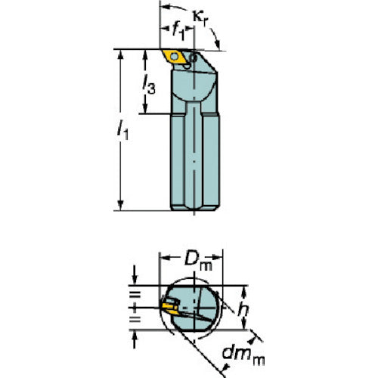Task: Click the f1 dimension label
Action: tap(178, 32)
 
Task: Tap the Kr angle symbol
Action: tap(200, 18)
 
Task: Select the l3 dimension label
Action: tap(149, 85)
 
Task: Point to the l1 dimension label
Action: tap(122, 129)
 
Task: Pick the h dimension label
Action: tap(243, 311)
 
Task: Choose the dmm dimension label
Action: tap(243, 355)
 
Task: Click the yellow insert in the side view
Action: tap(175, 57)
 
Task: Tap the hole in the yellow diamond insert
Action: tap(174, 57)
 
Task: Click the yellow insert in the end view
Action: tap(170, 308)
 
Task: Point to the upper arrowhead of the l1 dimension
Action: tap(120, 54)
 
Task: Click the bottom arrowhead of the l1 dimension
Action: tap(120, 205)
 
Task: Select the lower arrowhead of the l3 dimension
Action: tap(145, 108)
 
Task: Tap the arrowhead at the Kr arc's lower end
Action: tap(217, 45)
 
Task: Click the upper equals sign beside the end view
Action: tap(135, 294)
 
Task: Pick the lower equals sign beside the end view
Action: tap(135, 320)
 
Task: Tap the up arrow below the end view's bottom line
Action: tap(135, 339)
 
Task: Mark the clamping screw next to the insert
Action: tap(194, 58)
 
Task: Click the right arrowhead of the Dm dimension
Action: tap(217, 257)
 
